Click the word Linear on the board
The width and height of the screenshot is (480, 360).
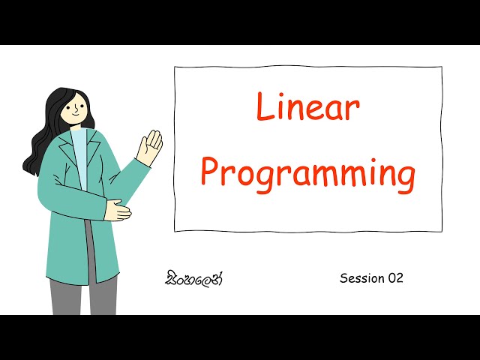(308, 108)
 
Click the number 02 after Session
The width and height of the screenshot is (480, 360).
(395, 278)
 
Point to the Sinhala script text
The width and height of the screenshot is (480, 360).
(194, 279)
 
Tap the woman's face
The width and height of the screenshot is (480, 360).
(76, 109)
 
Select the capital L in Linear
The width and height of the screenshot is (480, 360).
(263, 108)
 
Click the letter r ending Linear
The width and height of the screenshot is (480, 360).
(353, 111)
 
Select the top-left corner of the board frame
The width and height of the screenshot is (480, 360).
(175, 67)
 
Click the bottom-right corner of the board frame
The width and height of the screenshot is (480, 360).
(441, 230)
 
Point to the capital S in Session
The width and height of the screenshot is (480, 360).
(344, 278)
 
